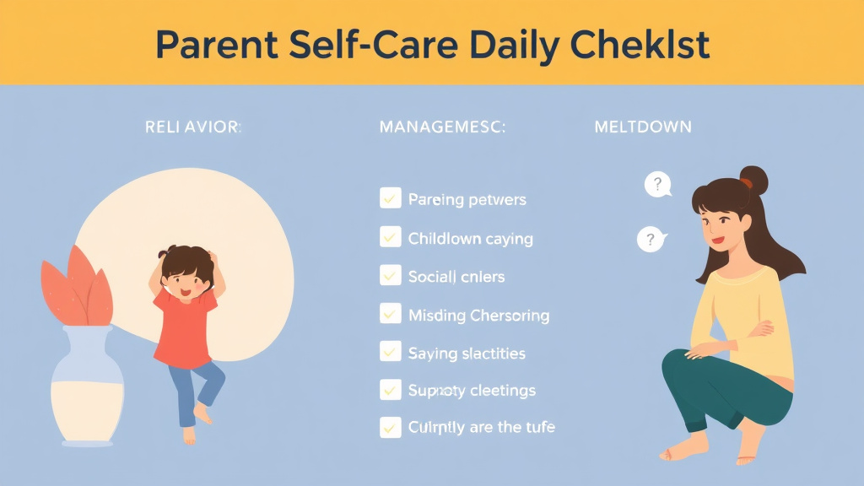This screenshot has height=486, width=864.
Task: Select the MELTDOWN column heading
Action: (643, 127)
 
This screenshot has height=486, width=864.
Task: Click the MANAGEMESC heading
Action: (443, 127)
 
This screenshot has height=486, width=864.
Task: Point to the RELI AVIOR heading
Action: (192, 127)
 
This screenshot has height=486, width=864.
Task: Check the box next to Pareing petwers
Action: (390, 199)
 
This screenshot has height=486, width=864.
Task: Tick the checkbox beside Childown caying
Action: (390, 237)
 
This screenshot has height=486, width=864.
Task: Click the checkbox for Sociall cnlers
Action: (390, 275)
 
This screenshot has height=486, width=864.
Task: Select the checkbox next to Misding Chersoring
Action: (390, 314)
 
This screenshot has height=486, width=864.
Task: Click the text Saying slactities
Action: (467, 353)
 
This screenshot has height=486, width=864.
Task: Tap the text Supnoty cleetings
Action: (472, 391)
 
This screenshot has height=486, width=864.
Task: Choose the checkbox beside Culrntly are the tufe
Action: (390, 427)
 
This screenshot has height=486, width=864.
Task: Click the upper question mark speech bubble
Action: (657, 184)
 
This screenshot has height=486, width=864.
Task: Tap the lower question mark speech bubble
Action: (651, 240)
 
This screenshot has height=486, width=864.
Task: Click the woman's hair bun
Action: (753, 180)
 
